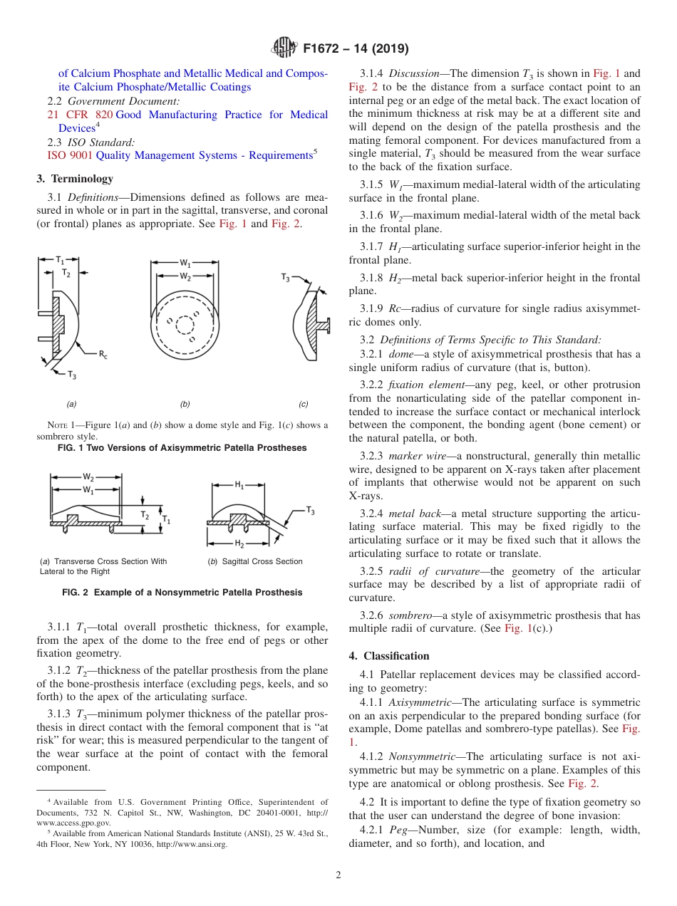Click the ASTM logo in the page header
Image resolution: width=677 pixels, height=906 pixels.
(285, 48)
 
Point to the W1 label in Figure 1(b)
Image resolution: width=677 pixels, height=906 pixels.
(185, 263)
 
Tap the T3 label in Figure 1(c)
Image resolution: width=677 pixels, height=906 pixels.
(286, 276)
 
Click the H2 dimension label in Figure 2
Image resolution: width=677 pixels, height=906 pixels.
(239, 544)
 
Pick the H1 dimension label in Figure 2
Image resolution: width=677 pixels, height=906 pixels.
(239, 485)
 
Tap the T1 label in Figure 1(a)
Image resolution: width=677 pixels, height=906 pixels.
(61, 261)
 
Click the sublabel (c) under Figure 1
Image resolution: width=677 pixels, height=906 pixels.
(304, 404)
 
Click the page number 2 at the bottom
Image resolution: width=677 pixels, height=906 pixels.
(338, 875)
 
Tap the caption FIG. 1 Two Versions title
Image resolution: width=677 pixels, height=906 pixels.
(182, 448)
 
